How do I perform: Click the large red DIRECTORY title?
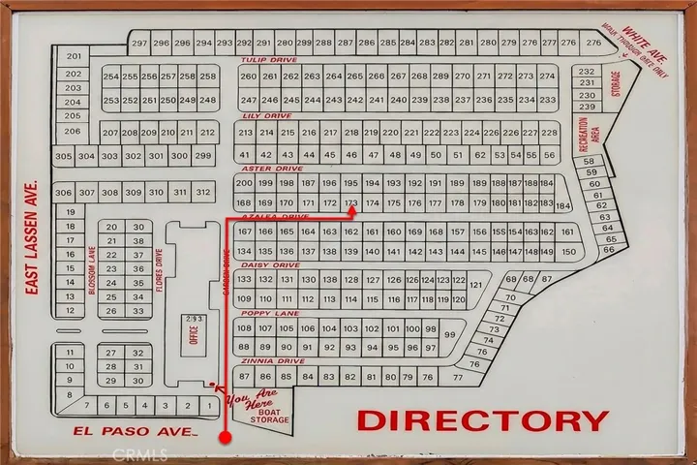click(483, 420)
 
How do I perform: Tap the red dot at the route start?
click(226, 438)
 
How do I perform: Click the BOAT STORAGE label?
click(271, 414)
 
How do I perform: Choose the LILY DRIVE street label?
click(266, 115)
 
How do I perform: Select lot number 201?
click(73, 57)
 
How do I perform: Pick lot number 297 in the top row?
click(139, 44)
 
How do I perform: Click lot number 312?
click(202, 193)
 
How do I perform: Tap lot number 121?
click(475, 285)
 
